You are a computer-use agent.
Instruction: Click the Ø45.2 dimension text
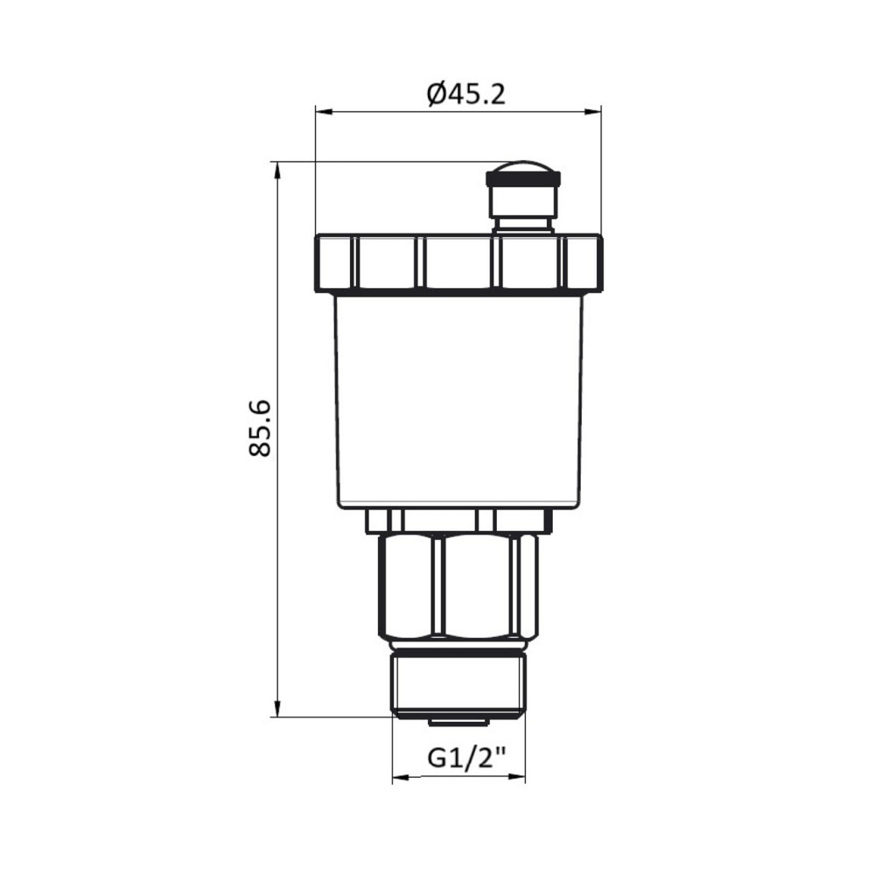(466, 93)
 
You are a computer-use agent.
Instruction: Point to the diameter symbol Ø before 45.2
(438, 93)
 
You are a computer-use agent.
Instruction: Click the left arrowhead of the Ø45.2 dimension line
(320, 111)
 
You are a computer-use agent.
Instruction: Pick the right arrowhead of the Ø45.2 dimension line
(596, 111)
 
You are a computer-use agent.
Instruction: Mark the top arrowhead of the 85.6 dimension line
(277, 168)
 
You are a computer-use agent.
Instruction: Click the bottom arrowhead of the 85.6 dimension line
(277, 710)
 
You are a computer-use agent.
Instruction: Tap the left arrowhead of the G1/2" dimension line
(397, 778)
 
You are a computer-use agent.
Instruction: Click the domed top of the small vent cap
(523, 168)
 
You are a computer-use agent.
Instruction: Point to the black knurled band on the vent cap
(523, 180)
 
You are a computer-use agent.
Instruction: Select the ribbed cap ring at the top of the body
(458, 262)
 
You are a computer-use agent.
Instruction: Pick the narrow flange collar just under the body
(458, 521)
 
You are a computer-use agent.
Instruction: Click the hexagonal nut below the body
(458, 586)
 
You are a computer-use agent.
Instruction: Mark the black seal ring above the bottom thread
(458, 650)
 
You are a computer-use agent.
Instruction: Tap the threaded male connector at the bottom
(458, 685)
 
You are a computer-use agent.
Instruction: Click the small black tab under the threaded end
(458, 721)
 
